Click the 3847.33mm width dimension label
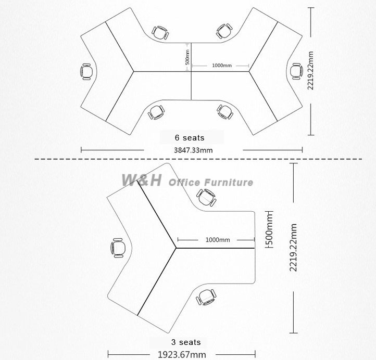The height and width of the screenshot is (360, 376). pyautogui.click(x=193, y=150)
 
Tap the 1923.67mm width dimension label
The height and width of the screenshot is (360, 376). pyautogui.click(x=182, y=354)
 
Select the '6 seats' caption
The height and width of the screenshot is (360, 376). pyautogui.click(x=190, y=138)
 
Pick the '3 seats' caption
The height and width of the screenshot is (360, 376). pyautogui.click(x=186, y=342)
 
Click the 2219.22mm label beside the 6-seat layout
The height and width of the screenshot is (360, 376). pyautogui.click(x=310, y=70)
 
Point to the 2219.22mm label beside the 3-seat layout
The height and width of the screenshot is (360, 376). pyautogui.click(x=293, y=248)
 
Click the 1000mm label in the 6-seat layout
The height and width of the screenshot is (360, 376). pyautogui.click(x=222, y=65)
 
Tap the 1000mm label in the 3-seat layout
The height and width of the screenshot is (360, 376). pyautogui.click(x=218, y=240)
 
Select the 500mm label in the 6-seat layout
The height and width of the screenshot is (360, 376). pyautogui.click(x=187, y=57)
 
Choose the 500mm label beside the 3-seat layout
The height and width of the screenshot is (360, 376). pyautogui.click(x=270, y=230)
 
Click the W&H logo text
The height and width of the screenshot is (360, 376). pyautogui.click(x=142, y=180)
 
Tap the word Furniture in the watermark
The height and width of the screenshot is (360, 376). pyautogui.click(x=229, y=182)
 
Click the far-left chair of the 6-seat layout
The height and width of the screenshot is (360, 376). pyautogui.click(x=86, y=72)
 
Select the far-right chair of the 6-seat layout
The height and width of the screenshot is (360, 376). pyautogui.click(x=296, y=71)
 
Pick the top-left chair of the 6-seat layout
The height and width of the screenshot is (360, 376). pyautogui.click(x=160, y=33)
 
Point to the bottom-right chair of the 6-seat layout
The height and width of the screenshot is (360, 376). pyautogui.click(x=225, y=111)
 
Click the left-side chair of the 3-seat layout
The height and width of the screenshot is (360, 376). pyautogui.click(x=118, y=248)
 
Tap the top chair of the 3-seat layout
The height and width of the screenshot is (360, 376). pyautogui.click(x=206, y=198)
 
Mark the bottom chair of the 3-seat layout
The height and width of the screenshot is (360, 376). pyautogui.click(x=206, y=297)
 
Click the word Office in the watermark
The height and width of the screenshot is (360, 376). pyautogui.click(x=184, y=183)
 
